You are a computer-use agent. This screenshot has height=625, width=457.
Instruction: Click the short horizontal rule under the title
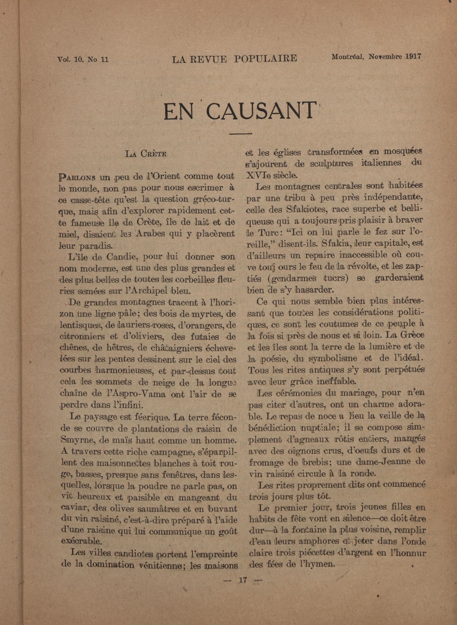(241, 134)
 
